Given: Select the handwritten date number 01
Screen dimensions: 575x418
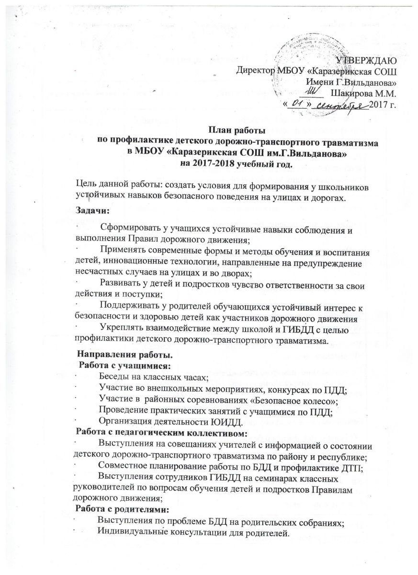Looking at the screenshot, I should (x=297, y=103).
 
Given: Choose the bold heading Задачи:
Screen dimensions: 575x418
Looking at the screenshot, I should (x=93, y=210).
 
